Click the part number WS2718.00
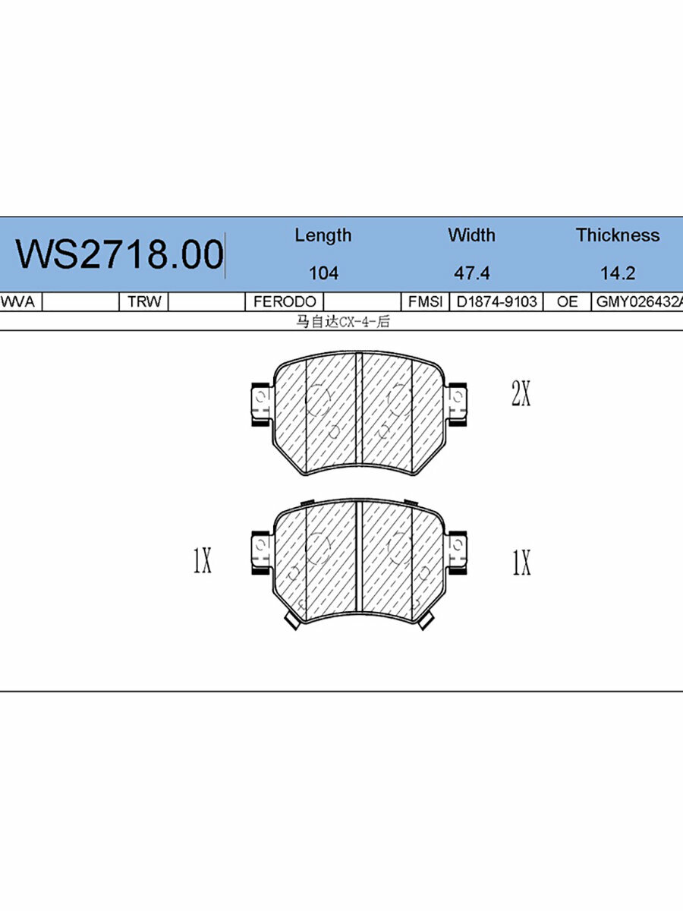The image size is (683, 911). [119, 254]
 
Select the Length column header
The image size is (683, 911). [323, 235]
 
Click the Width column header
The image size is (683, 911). [471, 235]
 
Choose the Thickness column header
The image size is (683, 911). [617, 235]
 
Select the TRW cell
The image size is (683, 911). [144, 301]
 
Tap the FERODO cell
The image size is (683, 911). [284, 301]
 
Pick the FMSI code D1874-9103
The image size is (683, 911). [496, 301]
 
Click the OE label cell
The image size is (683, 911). [567, 301]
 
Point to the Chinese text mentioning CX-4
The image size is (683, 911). [342, 322]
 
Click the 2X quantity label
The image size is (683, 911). [521, 394]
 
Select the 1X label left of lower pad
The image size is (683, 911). [202, 562]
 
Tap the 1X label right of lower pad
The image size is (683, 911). [521, 562]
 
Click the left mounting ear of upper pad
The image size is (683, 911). [260, 402]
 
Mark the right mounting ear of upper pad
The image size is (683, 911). [457, 402]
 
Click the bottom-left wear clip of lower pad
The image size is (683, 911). [291, 621]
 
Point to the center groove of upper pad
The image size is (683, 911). [359, 410]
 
